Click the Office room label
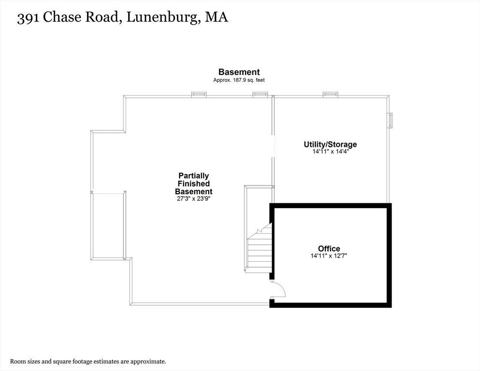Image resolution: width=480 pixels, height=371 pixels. tap(329, 248)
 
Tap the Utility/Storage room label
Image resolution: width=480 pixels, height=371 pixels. tap(330, 144)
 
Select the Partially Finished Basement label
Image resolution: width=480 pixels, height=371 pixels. tap(194, 184)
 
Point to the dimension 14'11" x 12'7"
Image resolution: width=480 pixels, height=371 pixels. tap(329, 256)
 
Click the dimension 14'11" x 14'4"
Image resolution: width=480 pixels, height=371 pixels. tap(331, 151)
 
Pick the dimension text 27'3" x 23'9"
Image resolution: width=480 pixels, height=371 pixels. tap(194, 199)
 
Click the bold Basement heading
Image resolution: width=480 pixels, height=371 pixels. tap(239, 72)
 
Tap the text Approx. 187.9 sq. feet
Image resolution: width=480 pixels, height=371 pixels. tap(239, 80)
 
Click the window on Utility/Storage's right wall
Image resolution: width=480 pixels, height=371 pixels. tap(390, 120)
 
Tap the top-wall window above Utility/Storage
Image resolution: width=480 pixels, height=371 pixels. tap(331, 94)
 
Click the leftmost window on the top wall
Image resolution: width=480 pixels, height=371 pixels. tap(199, 94)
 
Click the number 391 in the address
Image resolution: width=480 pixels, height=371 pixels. tap(28, 17)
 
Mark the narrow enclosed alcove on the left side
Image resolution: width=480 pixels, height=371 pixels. tap(108, 226)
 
